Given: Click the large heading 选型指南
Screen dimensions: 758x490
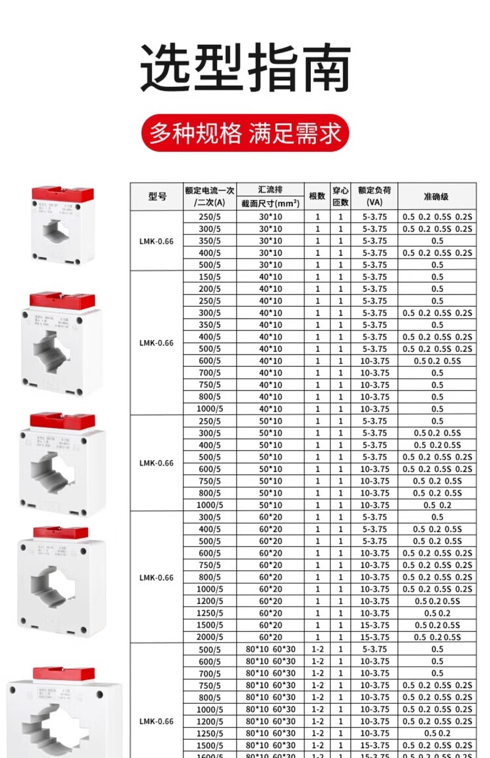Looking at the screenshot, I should (x=245, y=69).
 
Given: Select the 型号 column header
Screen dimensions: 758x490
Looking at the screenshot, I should (x=157, y=197).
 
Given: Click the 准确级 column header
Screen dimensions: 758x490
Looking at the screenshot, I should (x=436, y=197).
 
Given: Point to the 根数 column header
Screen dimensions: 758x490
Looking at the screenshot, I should (x=317, y=197).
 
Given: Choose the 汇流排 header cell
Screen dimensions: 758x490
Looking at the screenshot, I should (x=270, y=190).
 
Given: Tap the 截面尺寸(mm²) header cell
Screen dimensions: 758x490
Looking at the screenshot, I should (x=270, y=203).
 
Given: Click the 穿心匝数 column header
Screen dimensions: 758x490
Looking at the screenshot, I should (x=340, y=197).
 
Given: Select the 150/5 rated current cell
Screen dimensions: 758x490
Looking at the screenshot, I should (x=209, y=277).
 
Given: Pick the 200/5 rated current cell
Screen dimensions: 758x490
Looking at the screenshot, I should (x=209, y=289).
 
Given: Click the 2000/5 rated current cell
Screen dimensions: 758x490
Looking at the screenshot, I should (x=209, y=637).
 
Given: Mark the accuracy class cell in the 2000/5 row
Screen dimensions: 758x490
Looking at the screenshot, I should (x=436, y=637).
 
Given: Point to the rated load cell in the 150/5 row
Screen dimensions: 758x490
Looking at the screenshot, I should (x=374, y=277).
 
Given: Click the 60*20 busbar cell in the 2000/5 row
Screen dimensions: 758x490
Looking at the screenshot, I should (x=270, y=637).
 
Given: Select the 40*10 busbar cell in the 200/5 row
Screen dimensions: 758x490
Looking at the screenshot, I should (x=270, y=289).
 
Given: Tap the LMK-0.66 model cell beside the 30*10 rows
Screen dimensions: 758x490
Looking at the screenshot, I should (x=157, y=241).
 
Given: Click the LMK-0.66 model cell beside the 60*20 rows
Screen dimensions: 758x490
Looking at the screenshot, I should (x=157, y=577).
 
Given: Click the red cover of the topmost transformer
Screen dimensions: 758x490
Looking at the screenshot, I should (x=62, y=194).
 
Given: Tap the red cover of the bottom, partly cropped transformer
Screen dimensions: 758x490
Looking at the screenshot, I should (x=63, y=674).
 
